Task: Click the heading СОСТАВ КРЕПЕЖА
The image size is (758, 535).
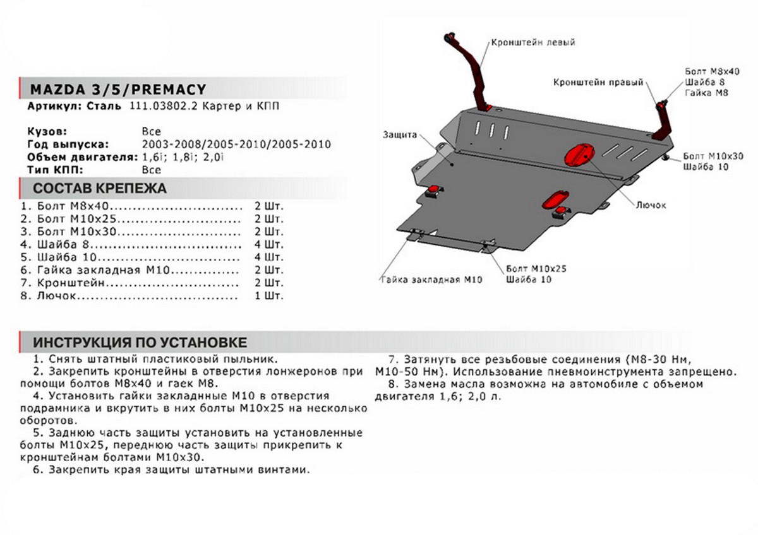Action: pos(99,188)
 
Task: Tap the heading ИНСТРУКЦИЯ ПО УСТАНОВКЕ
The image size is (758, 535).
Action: pos(140,342)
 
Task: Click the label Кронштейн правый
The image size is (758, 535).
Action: pos(598,82)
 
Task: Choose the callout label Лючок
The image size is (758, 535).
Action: pos(651,205)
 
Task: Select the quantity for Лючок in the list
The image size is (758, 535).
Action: pos(268,295)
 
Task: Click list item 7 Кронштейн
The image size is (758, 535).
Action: pos(69,283)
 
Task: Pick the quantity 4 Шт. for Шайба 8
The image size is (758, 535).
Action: pos(268,244)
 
